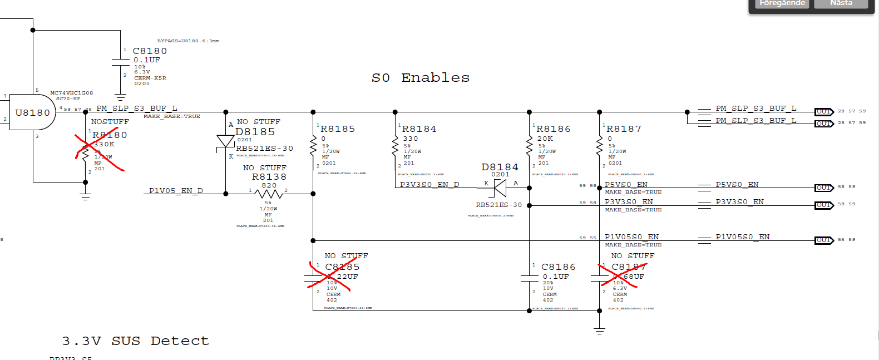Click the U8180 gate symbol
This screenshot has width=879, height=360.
[32, 112]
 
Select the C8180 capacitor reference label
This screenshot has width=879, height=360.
[150, 51]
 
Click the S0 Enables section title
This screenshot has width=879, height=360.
[421, 78]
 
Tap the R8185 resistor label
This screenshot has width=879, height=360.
[338, 129]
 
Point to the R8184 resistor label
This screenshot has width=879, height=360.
[419, 129]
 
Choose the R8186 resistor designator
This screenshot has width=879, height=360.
[554, 129]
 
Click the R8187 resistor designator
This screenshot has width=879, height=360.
[624, 129]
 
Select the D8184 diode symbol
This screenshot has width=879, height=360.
[500, 188]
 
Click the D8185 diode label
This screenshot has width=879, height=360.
[255, 132]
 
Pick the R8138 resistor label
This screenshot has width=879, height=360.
[269, 177]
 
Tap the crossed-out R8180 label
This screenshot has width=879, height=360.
[110, 135]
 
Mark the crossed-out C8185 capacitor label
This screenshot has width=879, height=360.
[342, 267]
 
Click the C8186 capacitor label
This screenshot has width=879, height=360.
[559, 267]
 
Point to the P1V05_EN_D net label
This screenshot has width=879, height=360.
[176, 191]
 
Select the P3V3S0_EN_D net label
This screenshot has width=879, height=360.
[429, 185]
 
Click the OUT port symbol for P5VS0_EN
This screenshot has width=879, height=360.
[824, 188]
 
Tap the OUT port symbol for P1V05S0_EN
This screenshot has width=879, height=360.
[824, 240]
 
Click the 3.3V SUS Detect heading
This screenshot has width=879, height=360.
[135, 341]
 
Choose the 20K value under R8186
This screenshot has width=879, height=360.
[545, 139]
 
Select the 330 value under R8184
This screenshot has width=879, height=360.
[411, 139]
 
